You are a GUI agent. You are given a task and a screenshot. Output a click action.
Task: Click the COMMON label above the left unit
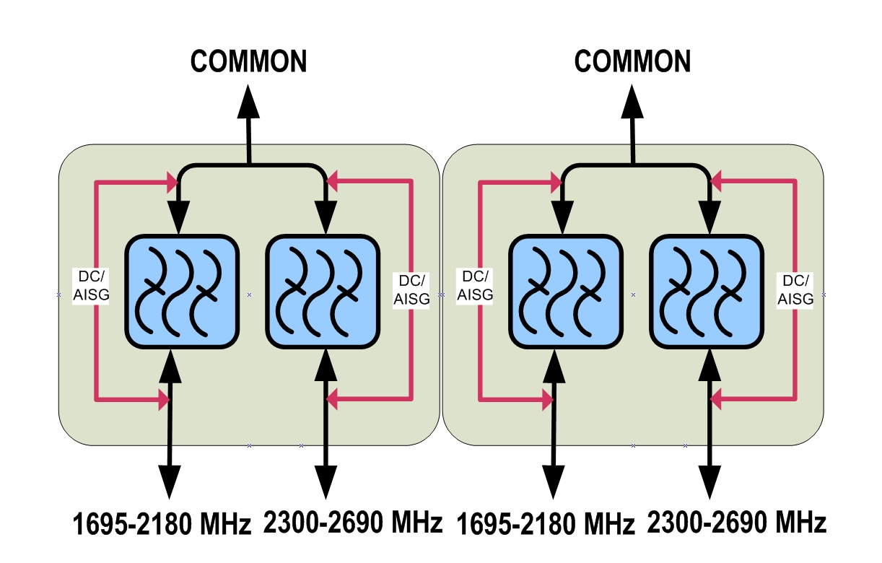[249, 61]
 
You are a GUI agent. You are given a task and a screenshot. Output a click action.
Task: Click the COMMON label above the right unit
[633, 61]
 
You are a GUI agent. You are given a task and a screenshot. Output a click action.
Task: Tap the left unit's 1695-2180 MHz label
[162, 524]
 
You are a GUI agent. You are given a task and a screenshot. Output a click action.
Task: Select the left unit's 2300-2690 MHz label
[353, 522]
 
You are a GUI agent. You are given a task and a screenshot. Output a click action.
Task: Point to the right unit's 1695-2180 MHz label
[546, 524]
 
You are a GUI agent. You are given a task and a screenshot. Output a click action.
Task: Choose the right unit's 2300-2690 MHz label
[737, 522]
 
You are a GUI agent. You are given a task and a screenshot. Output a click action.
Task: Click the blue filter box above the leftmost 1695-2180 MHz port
[182, 292]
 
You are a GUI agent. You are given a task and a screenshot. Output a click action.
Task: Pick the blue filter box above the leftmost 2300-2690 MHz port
[323, 292]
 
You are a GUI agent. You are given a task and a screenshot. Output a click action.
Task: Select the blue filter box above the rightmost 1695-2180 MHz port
[565, 292]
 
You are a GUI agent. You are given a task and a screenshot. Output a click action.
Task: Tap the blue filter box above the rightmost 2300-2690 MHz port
[706, 292]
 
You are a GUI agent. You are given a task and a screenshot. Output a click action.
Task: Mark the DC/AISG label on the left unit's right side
[411, 289]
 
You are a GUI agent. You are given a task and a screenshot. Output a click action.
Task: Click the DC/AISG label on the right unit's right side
[795, 289]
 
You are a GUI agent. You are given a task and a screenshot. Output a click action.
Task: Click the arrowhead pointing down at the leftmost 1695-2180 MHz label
[170, 480]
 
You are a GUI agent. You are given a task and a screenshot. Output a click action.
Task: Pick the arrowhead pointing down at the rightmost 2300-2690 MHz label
[710, 480]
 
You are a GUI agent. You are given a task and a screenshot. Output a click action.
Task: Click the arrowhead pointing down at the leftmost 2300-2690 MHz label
[327, 480]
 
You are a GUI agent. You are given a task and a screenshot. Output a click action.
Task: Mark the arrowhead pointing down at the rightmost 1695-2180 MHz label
[554, 480]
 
